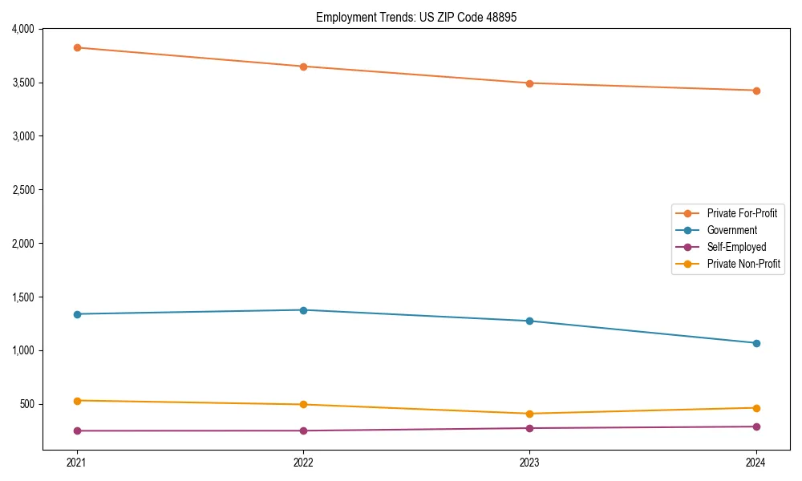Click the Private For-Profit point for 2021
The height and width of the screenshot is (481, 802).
77,47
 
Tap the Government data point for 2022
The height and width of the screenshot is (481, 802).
303,310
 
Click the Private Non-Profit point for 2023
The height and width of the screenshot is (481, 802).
529,414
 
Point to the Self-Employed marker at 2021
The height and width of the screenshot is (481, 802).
77,430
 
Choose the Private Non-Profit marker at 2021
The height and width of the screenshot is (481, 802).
77,401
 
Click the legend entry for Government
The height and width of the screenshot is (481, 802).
731,230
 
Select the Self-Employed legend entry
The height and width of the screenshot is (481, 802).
736,247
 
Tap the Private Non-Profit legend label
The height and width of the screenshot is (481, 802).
743,264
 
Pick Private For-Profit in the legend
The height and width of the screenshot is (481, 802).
742,213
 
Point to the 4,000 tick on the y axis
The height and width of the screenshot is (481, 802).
22,29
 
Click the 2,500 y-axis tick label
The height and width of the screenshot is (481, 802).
22,190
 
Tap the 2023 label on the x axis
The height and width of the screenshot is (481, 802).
529,462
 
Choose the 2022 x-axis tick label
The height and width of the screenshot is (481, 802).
303,462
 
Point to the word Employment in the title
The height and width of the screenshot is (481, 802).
342,17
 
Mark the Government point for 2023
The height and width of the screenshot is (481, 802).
529,321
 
